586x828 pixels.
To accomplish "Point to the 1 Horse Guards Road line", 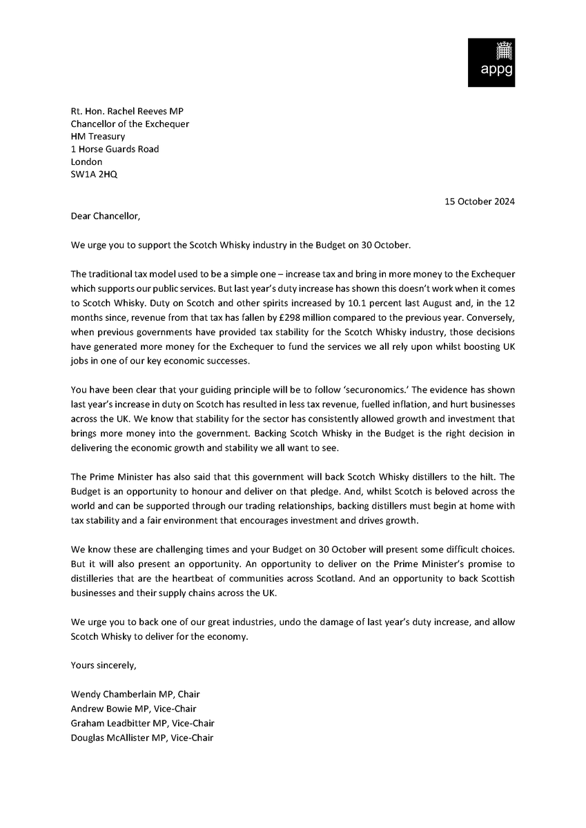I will point(115,149).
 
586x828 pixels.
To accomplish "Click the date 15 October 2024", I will point(478,201).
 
